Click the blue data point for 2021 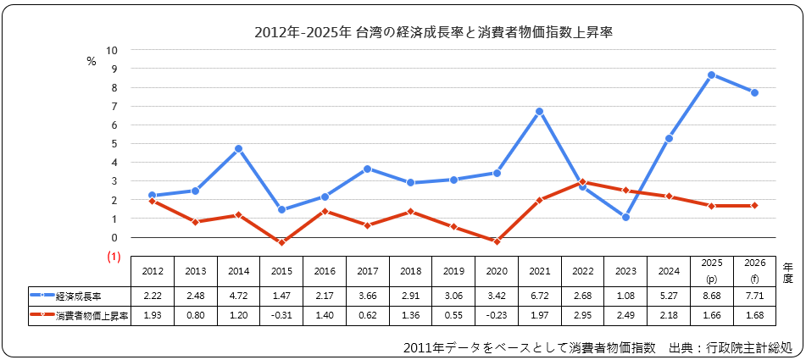tap(539, 112)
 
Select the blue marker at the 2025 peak tap(711, 75)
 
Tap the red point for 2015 tap(281, 242)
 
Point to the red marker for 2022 tap(582, 182)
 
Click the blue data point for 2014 tap(239, 149)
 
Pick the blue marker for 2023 tap(625, 217)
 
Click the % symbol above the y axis tap(92, 61)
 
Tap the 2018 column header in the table tap(410, 271)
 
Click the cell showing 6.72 tap(539, 296)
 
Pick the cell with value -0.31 tap(281, 315)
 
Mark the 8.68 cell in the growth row tap(711, 296)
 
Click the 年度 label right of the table tap(787, 271)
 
